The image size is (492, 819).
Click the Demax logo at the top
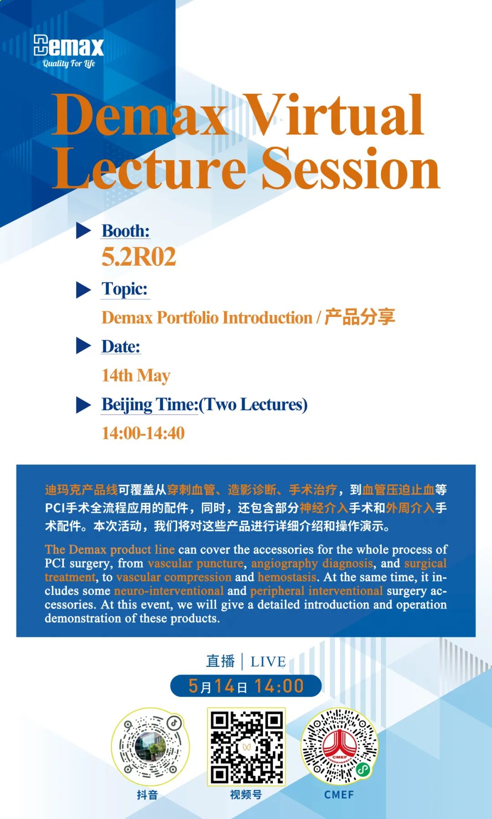69,46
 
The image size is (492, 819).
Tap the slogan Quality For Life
69,64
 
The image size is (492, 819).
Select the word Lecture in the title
149,168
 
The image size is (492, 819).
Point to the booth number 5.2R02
138,257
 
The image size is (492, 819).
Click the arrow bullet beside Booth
83,231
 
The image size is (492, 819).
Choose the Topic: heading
125,289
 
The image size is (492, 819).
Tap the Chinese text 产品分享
359,317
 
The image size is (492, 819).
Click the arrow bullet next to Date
83,346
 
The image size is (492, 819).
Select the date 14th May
136,376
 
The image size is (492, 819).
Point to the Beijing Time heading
150,405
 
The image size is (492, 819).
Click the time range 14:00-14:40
143,433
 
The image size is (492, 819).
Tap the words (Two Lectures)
253,405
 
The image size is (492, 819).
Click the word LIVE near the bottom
268,661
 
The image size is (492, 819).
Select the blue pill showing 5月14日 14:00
246,686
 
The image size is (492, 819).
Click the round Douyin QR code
150,747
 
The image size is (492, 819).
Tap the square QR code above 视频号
246,747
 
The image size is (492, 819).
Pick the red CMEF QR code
339,747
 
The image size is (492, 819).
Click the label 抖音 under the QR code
147,795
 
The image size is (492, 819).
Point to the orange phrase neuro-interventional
169,591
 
